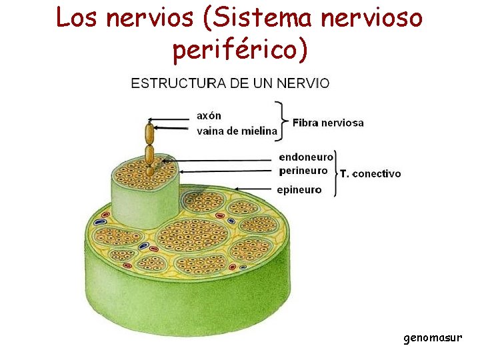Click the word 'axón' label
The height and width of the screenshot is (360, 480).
209,116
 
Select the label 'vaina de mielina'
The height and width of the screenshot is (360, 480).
237,131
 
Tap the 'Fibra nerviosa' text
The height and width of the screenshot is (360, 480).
328,123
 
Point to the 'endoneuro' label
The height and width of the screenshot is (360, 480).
306,157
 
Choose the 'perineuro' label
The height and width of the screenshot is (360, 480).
303,171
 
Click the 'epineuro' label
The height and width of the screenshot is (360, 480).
299,190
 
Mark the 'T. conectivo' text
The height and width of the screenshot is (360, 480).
371,174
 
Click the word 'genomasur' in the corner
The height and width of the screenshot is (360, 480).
432,338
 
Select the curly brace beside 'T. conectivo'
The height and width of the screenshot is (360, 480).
335,173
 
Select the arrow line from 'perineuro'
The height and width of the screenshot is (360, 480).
227,171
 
